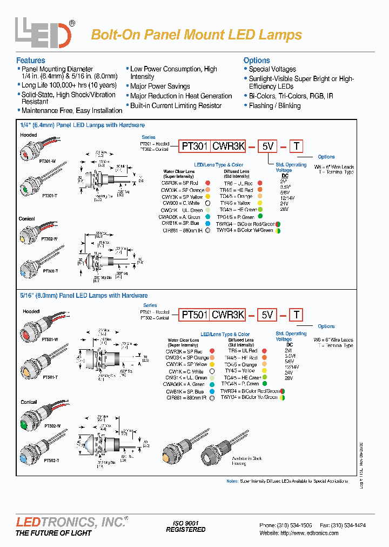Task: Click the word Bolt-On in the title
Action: click(x=114, y=35)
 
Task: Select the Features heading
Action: click(x=31, y=61)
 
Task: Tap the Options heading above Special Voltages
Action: click(x=257, y=61)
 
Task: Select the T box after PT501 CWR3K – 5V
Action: click(x=297, y=315)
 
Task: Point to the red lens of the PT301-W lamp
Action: click(x=23, y=154)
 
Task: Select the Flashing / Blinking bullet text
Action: click(x=274, y=106)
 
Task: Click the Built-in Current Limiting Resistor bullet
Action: click(x=176, y=106)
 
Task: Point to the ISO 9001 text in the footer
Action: click(x=185, y=523)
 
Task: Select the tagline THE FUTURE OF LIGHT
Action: click(x=53, y=533)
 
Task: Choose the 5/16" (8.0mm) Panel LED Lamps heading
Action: click(x=84, y=296)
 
